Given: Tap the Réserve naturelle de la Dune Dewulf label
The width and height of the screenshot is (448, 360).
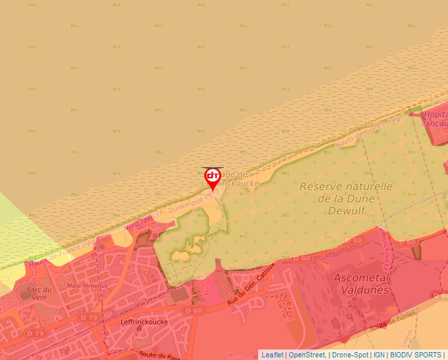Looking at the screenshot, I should click(x=346, y=198).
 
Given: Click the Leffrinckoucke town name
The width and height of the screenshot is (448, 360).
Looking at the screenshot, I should click(x=145, y=322).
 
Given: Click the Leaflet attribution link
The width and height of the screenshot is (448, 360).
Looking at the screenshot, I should click(x=272, y=355).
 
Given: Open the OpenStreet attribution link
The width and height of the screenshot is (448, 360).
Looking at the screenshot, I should click(x=307, y=355).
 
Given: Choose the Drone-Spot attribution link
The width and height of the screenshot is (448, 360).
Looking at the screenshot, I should click(x=350, y=355).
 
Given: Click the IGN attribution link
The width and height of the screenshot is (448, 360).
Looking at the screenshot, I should click(x=379, y=355).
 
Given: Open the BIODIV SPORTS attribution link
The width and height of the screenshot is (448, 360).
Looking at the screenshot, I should click(x=416, y=355).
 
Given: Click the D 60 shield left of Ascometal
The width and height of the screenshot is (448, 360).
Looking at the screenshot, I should click(x=301, y=259).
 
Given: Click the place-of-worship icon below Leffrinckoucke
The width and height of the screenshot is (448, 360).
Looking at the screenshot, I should click(x=140, y=329).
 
